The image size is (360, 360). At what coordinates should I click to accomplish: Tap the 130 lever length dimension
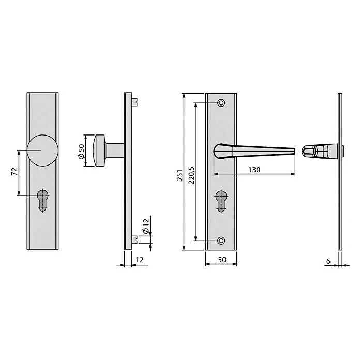[253, 170]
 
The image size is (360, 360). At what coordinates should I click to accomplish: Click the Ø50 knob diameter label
[81, 151]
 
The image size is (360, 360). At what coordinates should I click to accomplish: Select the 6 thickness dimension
[328, 261]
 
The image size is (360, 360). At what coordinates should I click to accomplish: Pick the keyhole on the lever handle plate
[221, 200]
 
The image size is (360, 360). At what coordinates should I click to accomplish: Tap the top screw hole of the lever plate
[221, 103]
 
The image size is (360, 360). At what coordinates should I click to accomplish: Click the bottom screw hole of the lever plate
[221, 241]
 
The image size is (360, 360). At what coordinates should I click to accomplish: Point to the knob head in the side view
[99, 151]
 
